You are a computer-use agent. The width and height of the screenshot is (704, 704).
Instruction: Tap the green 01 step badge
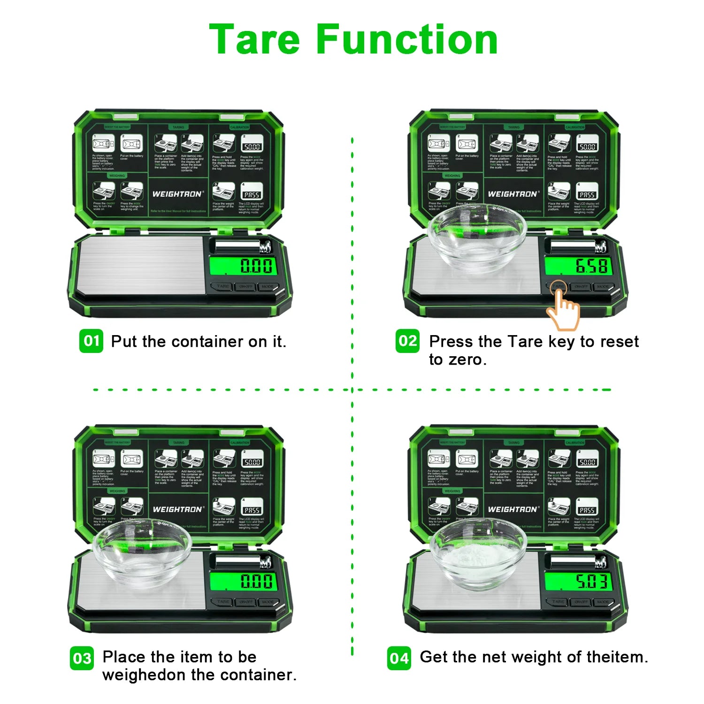pos(91,341)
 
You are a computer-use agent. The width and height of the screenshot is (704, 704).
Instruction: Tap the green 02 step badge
pos(407,341)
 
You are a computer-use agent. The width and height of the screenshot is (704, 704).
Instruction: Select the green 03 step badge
pos(82,658)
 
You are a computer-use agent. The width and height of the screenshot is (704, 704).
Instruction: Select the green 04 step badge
pos(399,658)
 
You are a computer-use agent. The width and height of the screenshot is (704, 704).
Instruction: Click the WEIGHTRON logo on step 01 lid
pos(177,194)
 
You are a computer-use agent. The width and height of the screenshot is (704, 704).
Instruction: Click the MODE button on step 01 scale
pos(268,286)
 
